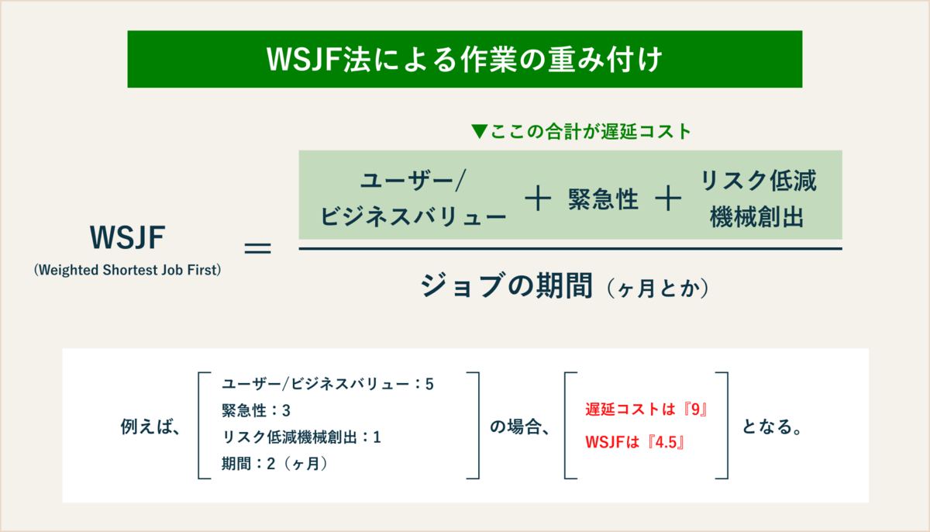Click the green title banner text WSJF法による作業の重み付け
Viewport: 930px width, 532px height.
pyautogui.click(x=464, y=60)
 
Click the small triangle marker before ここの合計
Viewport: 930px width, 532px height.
pyautogui.click(x=480, y=132)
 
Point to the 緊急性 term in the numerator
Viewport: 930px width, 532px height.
pyautogui.click(x=602, y=200)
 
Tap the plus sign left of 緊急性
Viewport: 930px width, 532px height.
pyautogui.click(x=536, y=200)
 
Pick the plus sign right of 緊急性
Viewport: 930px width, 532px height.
pyautogui.click(x=667, y=200)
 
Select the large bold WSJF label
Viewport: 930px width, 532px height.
pyautogui.click(x=127, y=238)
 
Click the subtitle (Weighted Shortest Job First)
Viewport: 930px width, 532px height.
pyautogui.click(x=128, y=270)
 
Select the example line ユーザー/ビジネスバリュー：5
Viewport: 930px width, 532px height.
pyautogui.click(x=327, y=384)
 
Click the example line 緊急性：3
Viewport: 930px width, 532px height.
pyautogui.click(x=255, y=410)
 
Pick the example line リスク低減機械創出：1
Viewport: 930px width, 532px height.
pyautogui.click(x=301, y=437)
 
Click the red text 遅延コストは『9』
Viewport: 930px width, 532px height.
pyautogui.click(x=647, y=410)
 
